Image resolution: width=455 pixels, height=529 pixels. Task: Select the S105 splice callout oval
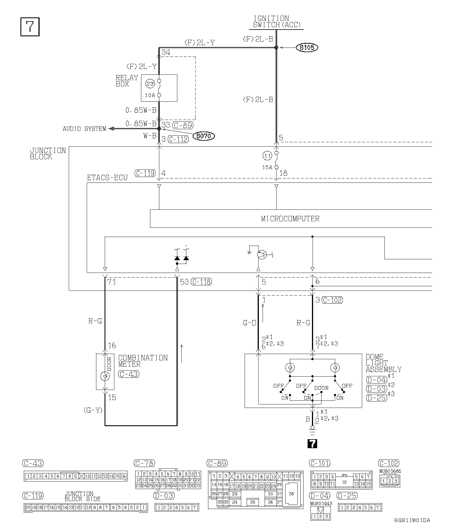[x=307, y=48]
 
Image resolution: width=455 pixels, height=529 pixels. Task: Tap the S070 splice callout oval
[x=204, y=136]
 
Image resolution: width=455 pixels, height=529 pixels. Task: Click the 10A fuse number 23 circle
[x=150, y=84]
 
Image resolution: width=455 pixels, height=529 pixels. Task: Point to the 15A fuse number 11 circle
[x=267, y=156]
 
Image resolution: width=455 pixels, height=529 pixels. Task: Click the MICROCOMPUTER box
[x=290, y=218]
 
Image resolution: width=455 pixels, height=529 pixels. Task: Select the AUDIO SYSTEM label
[x=84, y=129]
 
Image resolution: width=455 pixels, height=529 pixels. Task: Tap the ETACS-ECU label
[x=107, y=178]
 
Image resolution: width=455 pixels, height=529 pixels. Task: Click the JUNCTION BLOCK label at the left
[x=48, y=154]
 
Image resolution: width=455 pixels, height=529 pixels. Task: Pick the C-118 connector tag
[x=201, y=282]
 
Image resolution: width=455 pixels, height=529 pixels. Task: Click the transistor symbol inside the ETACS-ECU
[x=261, y=254]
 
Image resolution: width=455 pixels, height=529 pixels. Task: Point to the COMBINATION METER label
[x=143, y=361]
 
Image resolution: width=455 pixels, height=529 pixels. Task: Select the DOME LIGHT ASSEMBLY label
[x=383, y=363]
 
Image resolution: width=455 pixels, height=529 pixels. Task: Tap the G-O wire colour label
[x=250, y=323]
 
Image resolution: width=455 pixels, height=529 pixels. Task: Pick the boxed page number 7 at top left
[x=30, y=27]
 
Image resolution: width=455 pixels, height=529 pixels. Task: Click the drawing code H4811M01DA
[x=412, y=520]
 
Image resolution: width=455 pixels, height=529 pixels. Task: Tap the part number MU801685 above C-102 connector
[x=390, y=471]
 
